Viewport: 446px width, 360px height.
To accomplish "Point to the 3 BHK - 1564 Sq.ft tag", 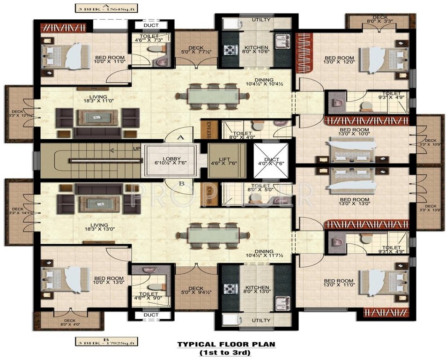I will pos(96,8).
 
